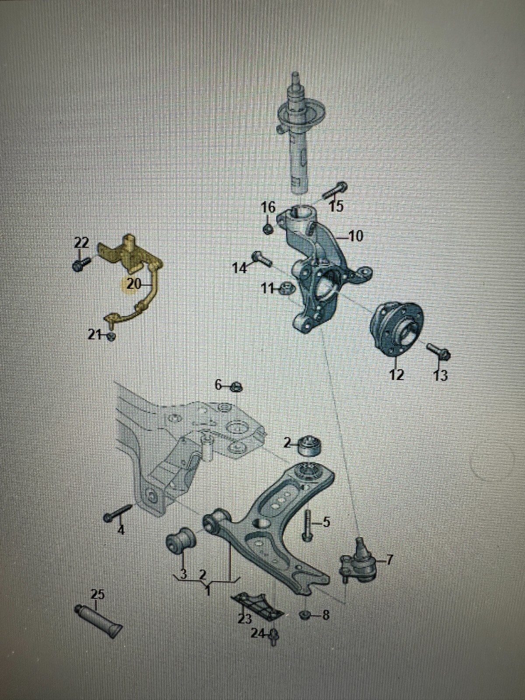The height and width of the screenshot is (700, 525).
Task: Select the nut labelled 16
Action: [268, 229]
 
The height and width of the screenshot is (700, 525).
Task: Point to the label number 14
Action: [240, 268]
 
